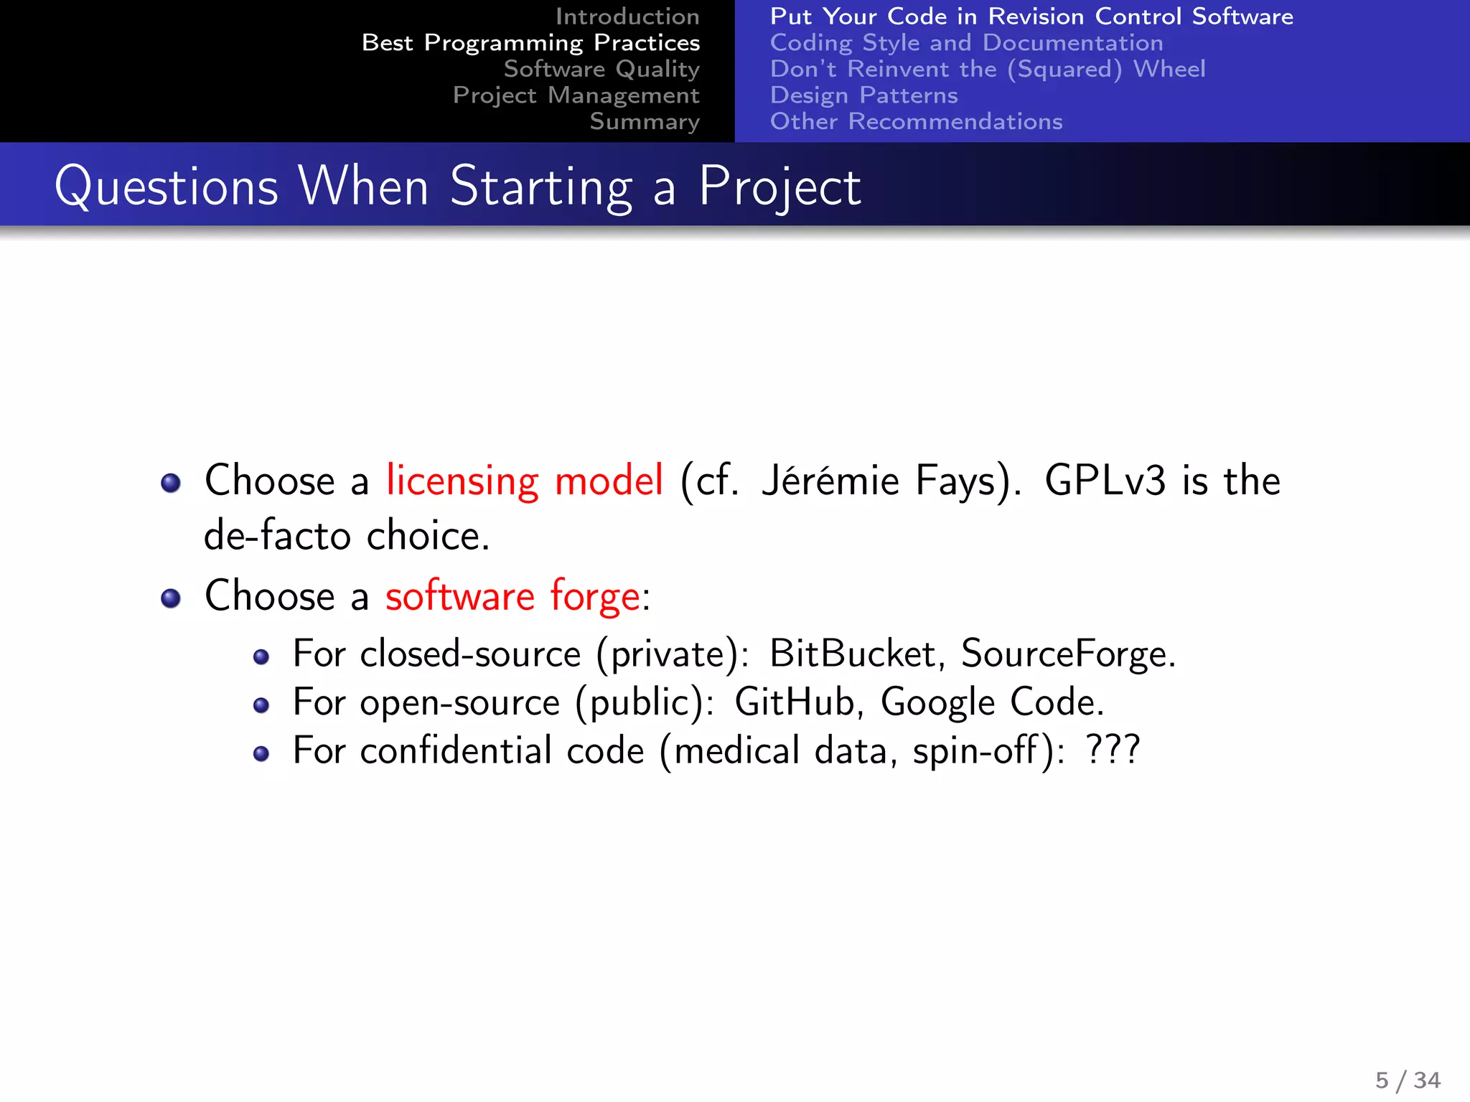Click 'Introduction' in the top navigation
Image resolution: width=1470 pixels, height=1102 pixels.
click(x=627, y=17)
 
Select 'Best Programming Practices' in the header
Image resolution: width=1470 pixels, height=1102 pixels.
click(x=530, y=43)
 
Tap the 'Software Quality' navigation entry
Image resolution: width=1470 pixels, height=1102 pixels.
click(x=601, y=69)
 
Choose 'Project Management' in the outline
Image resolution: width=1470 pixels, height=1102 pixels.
click(x=576, y=95)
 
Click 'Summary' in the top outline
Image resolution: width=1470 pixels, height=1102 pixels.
click(x=644, y=122)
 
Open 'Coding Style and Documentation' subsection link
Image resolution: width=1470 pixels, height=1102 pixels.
click(x=966, y=43)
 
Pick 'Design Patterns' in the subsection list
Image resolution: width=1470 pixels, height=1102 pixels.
click(x=863, y=95)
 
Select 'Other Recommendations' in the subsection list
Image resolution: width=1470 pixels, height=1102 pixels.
click(x=916, y=122)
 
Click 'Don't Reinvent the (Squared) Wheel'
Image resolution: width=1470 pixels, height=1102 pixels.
click(x=988, y=69)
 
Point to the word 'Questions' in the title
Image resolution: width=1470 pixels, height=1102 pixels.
click(x=167, y=187)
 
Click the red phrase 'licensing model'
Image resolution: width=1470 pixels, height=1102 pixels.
click(x=524, y=480)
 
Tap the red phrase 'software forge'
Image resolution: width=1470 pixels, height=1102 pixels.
click(x=512, y=596)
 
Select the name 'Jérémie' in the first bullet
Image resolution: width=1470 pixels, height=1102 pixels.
click(x=830, y=480)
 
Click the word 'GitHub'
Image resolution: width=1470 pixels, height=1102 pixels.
click(x=795, y=702)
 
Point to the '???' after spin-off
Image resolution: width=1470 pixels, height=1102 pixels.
click(x=1113, y=750)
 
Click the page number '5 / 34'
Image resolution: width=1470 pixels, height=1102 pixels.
click(x=1408, y=1080)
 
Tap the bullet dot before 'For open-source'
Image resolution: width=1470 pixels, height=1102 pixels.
click(x=261, y=705)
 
